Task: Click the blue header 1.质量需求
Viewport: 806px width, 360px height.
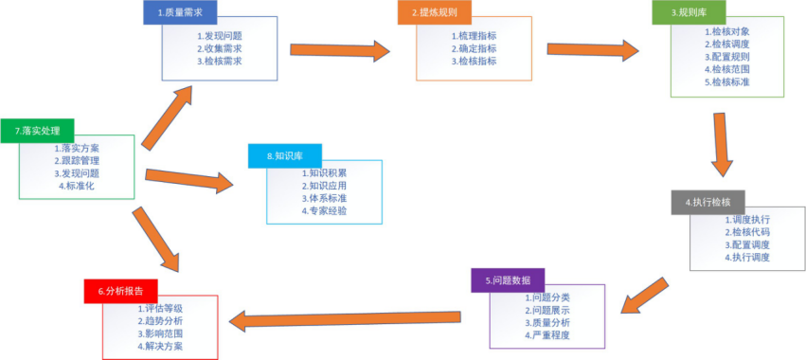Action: point(180,12)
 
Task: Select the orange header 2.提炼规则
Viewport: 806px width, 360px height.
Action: point(434,12)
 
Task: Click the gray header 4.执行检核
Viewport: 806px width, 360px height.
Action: point(707,202)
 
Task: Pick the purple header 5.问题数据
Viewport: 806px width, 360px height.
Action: point(509,280)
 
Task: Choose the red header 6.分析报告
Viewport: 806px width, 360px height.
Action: point(120,291)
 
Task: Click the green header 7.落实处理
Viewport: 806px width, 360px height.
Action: point(37,130)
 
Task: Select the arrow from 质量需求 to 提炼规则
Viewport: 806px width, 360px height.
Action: point(339,49)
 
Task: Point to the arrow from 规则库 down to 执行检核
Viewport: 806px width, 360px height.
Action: point(722,142)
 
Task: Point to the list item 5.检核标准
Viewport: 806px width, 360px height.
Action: point(726,81)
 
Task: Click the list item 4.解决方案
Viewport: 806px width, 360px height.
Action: point(160,346)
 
